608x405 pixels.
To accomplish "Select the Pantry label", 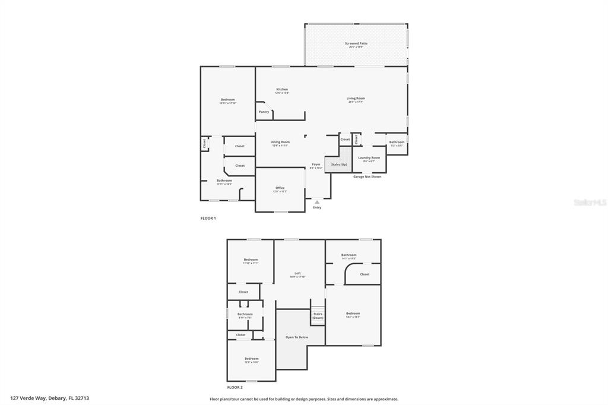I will (x=264, y=112).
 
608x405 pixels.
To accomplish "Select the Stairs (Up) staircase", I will (x=338, y=164).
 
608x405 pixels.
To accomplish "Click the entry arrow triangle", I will (x=317, y=202).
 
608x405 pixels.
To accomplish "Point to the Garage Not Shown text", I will (x=368, y=176).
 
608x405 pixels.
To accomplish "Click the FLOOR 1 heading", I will (x=208, y=218).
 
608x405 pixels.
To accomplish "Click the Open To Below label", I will (x=297, y=337).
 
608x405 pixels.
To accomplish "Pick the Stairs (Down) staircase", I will (x=318, y=315).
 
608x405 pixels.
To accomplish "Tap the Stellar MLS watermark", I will (x=590, y=202).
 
